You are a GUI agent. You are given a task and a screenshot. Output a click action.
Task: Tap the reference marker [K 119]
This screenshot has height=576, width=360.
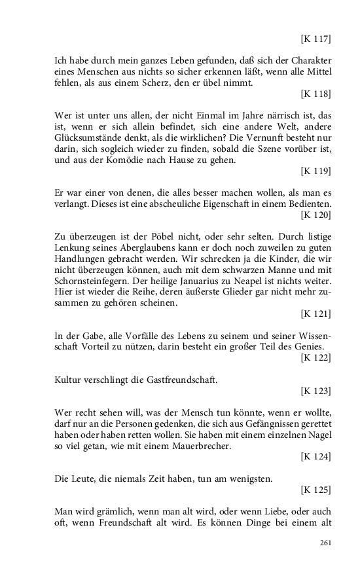(x=315, y=171)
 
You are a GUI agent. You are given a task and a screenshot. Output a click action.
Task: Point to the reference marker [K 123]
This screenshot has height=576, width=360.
(x=315, y=391)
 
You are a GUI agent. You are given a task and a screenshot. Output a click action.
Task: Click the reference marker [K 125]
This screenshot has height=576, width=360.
(x=315, y=489)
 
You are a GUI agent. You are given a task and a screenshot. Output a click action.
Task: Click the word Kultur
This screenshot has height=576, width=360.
(x=67, y=380)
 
